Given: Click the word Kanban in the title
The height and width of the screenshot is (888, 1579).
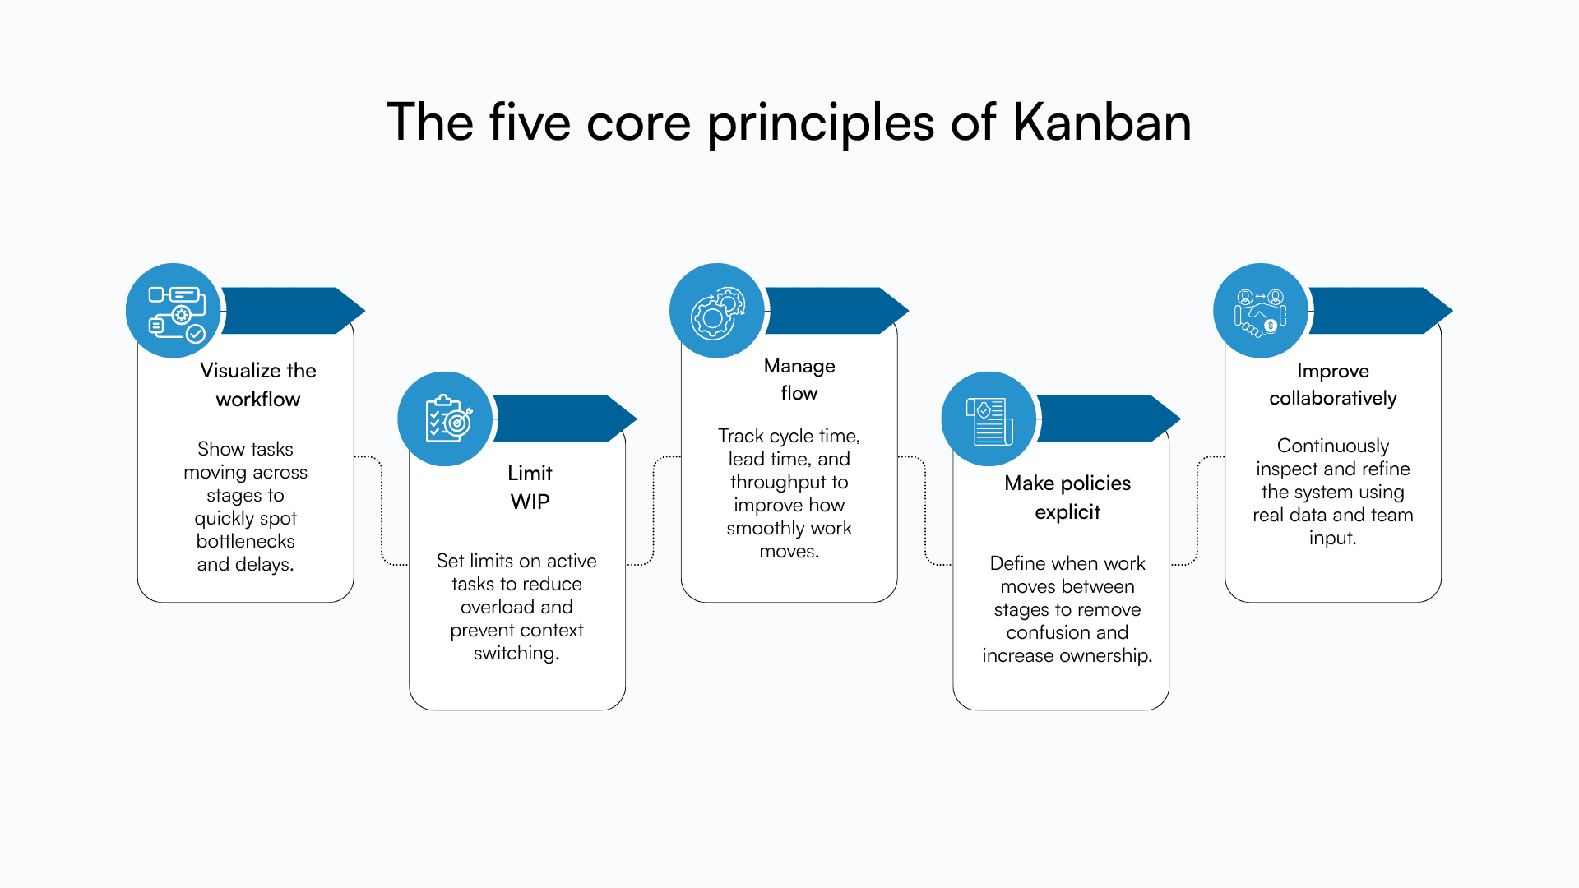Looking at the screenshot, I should click(x=1101, y=123).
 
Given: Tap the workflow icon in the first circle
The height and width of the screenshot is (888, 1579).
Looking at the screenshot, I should click(x=174, y=312).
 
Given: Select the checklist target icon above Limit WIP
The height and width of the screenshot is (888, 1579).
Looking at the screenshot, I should click(x=446, y=419).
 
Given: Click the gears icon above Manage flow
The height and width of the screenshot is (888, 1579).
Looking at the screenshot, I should click(x=717, y=312).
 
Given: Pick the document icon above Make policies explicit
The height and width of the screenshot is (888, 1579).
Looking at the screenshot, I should click(x=989, y=419).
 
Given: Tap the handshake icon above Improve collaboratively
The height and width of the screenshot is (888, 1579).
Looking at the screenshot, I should click(x=1260, y=312).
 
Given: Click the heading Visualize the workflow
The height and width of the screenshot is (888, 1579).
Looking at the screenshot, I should click(x=257, y=384).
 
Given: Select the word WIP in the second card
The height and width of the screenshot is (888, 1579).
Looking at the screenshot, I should click(x=530, y=502).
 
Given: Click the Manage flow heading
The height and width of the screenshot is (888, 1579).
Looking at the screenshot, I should click(x=799, y=379).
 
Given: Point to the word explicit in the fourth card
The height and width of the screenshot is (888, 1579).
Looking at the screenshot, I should click(x=1067, y=512).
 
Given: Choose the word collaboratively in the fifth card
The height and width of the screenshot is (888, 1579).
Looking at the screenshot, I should click(x=1332, y=398).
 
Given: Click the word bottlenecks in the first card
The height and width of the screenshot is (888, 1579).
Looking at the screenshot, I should click(x=245, y=541).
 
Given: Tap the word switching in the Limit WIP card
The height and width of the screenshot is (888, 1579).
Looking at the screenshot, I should click(x=515, y=653).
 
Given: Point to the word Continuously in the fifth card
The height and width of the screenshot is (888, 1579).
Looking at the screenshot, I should click(x=1332, y=446).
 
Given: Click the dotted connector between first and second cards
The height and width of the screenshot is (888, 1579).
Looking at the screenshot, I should click(x=382, y=510).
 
